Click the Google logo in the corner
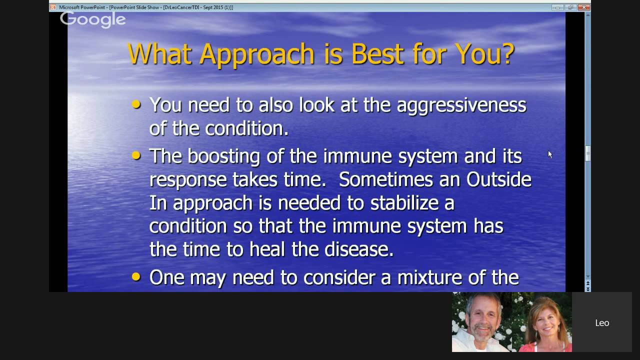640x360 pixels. pos(93,19)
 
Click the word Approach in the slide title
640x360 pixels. pos(257,53)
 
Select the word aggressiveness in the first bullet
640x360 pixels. pos(461,105)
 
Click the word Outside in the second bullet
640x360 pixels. pos(498,179)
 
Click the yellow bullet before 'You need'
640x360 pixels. pos(136,105)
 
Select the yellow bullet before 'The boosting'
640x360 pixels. pos(136,156)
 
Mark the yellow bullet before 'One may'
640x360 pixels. pos(136,277)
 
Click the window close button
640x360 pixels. pos(583,7)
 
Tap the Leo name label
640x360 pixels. pos(602,323)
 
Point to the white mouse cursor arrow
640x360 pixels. pos(550,155)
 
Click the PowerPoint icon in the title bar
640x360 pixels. pos(53,7)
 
